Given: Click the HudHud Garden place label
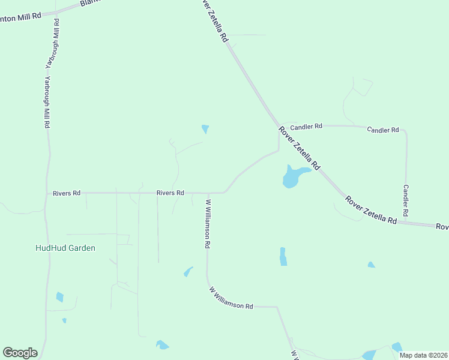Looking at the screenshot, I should point(65,248).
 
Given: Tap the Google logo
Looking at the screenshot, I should point(20,353).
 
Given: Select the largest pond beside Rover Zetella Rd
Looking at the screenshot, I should point(293,176).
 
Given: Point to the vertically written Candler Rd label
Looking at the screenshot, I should point(406,200).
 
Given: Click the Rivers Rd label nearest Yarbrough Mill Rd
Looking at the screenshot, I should point(67,193).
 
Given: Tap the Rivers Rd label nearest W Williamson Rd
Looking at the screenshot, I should point(170,193).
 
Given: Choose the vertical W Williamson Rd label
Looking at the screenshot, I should point(208,224).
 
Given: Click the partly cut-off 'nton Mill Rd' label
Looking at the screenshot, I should point(20,16).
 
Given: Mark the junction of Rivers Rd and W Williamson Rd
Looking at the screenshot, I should point(207,193).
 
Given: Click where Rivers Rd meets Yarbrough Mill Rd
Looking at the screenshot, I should point(47,193).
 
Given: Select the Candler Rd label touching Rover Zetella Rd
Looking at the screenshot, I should point(306,127).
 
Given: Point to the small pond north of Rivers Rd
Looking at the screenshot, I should point(205,128).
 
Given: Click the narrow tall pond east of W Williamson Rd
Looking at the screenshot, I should point(283,256).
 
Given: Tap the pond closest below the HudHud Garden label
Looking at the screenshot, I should point(59,296).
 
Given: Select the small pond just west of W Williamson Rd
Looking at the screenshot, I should point(188,272).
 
